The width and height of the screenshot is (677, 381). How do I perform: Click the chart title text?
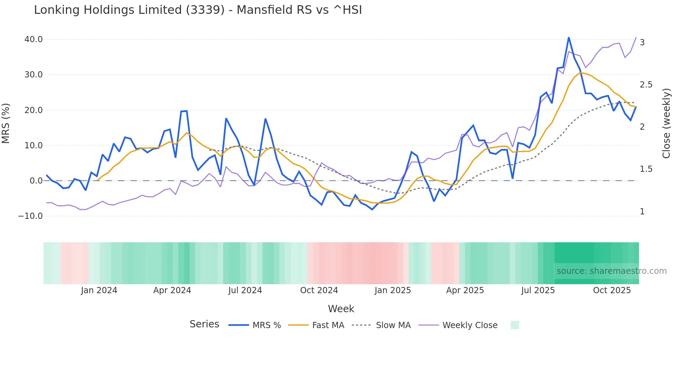click(x=198, y=10)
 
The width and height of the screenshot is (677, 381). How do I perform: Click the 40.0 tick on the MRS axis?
click(x=34, y=39)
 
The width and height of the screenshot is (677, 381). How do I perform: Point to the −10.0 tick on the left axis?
click(x=30, y=216)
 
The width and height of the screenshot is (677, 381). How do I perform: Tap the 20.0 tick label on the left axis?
click(x=34, y=110)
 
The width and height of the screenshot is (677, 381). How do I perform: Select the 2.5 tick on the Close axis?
click(x=646, y=85)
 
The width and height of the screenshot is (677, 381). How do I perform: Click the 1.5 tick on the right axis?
click(x=646, y=169)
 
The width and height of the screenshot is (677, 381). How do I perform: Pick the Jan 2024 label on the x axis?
click(x=99, y=290)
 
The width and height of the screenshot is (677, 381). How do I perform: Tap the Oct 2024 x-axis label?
click(x=319, y=290)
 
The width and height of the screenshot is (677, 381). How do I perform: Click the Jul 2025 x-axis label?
click(x=538, y=290)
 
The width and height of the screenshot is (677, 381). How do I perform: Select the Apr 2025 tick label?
click(x=465, y=290)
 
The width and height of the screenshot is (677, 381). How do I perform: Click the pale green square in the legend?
click(x=515, y=325)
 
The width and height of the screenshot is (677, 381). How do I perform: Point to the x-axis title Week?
click(x=341, y=309)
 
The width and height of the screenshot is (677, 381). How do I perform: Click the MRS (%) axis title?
click(x=6, y=123)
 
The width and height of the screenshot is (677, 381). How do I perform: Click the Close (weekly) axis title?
click(x=666, y=123)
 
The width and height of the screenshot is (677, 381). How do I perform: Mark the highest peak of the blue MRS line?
click(x=569, y=37)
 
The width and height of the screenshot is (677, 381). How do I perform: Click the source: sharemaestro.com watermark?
click(x=611, y=271)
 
